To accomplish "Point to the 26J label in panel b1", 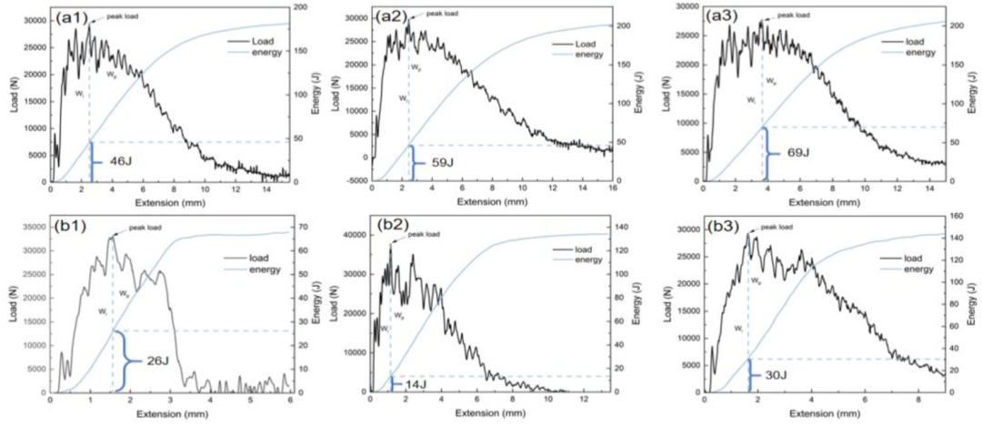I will [x=157, y=361].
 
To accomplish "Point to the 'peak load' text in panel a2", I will [x=443, y=14].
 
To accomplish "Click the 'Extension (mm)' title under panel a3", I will [x=824, y=199].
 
